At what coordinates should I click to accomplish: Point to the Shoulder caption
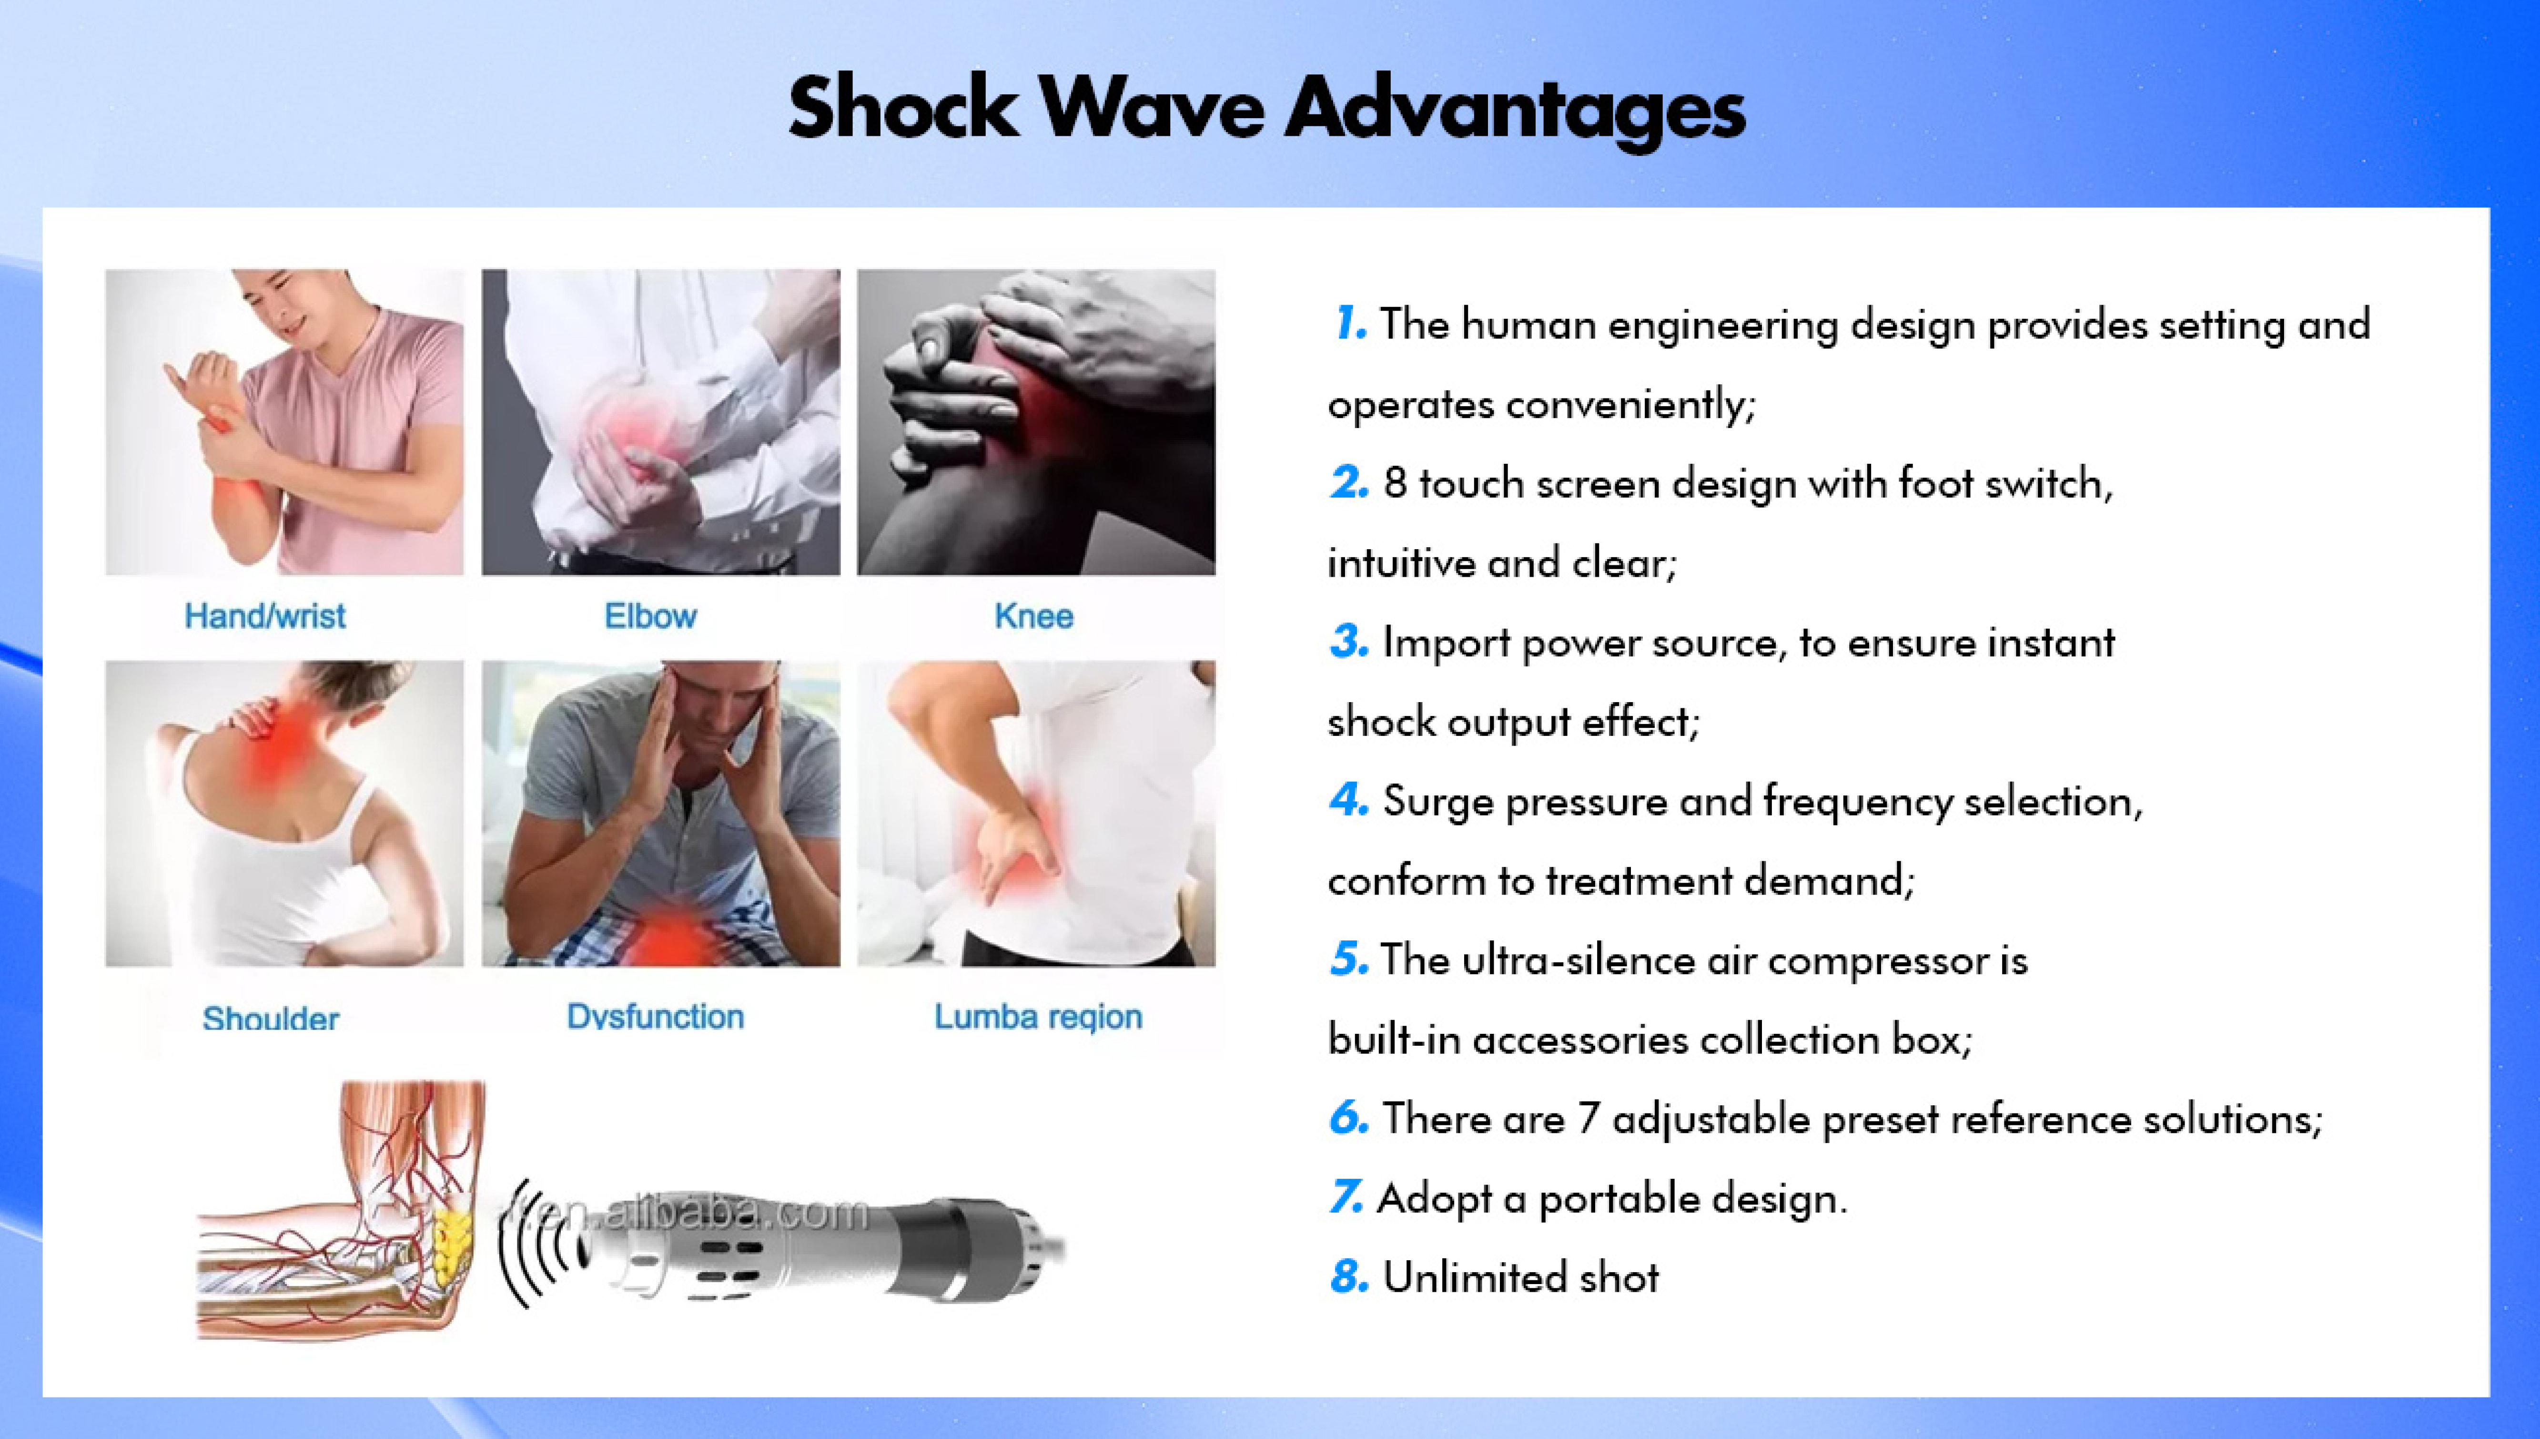271,1018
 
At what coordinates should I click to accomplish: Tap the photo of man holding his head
661,813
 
